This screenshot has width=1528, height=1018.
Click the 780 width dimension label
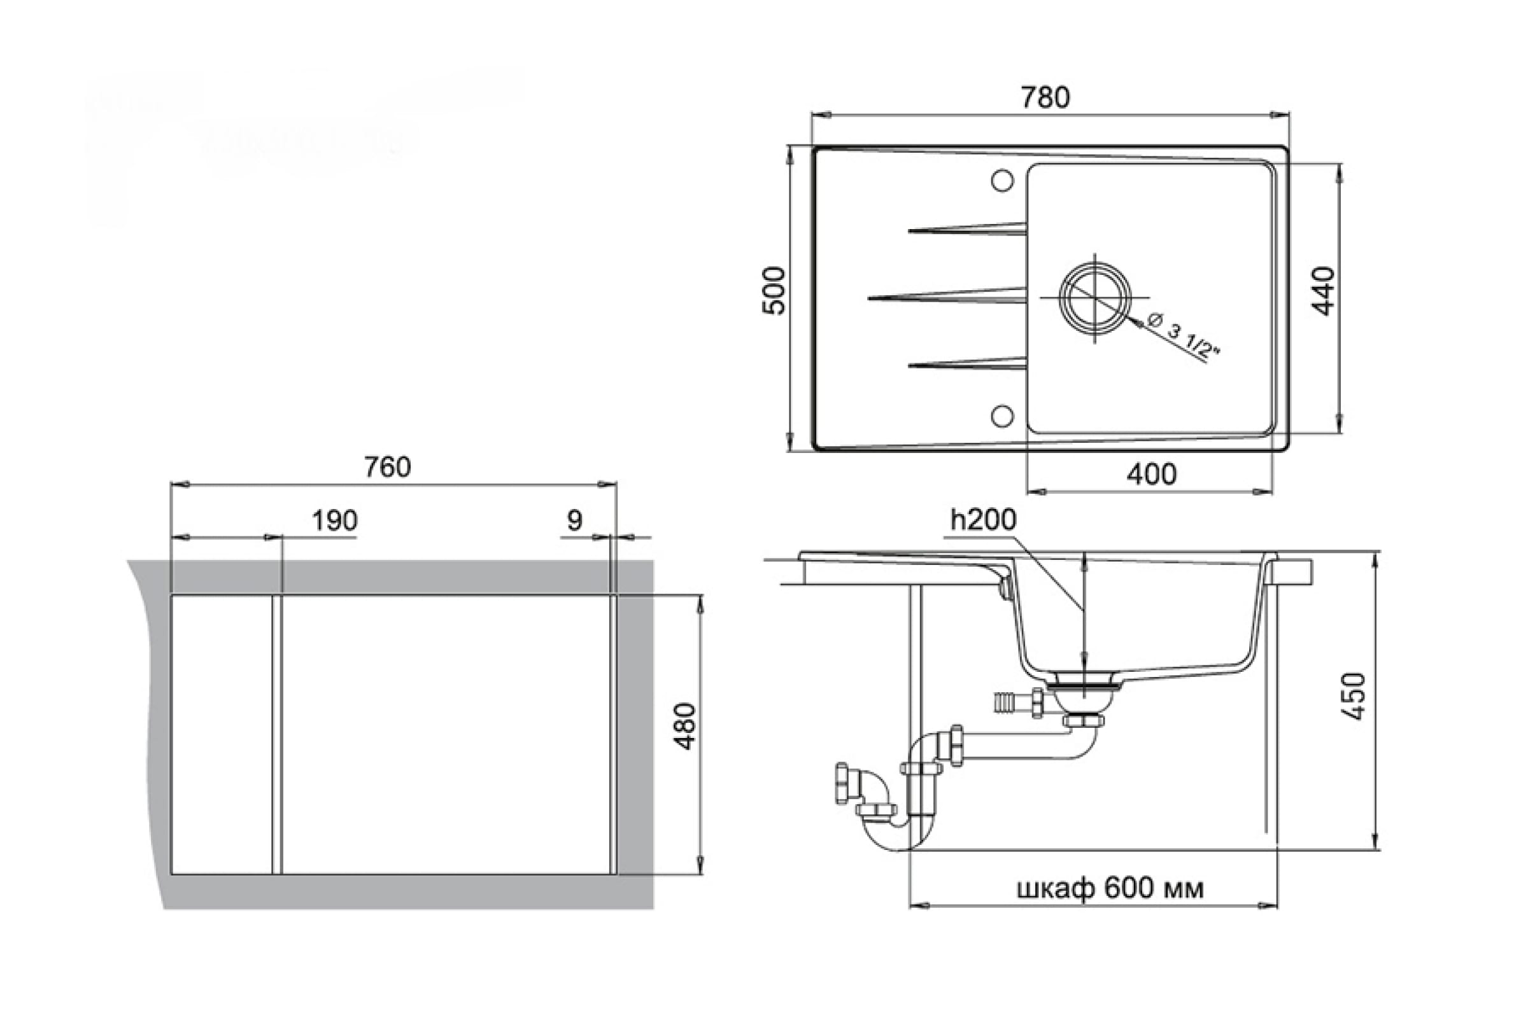tap(1045, 97)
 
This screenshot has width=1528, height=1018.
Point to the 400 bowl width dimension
tap(1151, 475)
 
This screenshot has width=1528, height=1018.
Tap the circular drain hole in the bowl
tap(1095, 298)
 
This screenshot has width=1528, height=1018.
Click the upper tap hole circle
tap(1002, 181)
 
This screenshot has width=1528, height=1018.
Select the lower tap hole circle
tap(1002, 415)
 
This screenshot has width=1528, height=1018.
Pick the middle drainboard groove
tap(949, 296)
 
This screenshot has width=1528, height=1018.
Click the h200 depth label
tap(983, 519)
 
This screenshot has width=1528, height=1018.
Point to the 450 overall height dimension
tap(1354, 696)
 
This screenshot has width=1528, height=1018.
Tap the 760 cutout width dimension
tap(387, 468)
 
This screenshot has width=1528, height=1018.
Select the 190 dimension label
tap(335, 520)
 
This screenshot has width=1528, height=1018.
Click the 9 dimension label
tap(574, 520)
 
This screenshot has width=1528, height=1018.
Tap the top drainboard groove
tap(968, 228)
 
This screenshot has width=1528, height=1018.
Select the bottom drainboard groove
tap(968, 364)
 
